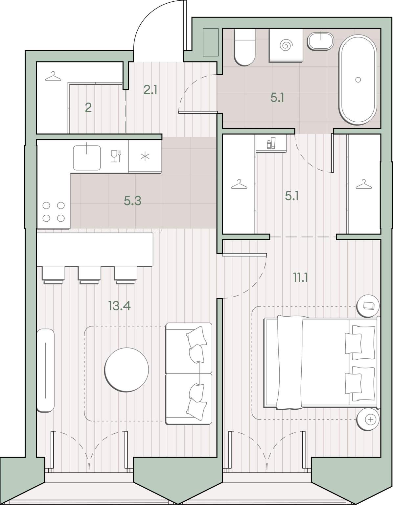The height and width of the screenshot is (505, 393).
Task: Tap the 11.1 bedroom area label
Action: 301,277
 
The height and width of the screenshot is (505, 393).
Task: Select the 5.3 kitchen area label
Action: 132,201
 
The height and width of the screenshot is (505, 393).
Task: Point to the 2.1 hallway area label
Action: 150,90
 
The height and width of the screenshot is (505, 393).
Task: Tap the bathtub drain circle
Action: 358,80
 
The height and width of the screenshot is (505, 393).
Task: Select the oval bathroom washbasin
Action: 321,41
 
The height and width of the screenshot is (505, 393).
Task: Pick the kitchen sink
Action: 87,158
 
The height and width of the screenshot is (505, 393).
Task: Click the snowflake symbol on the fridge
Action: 145,156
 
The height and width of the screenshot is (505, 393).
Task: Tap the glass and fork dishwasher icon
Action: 116,156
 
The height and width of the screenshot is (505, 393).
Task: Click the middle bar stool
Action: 89,275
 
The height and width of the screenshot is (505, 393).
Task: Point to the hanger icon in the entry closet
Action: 53,76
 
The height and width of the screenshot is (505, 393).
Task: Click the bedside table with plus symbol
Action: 368,420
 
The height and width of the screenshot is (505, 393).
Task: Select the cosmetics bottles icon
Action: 271,143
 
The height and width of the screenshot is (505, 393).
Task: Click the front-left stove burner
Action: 46,218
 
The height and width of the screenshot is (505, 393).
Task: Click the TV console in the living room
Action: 46,371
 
